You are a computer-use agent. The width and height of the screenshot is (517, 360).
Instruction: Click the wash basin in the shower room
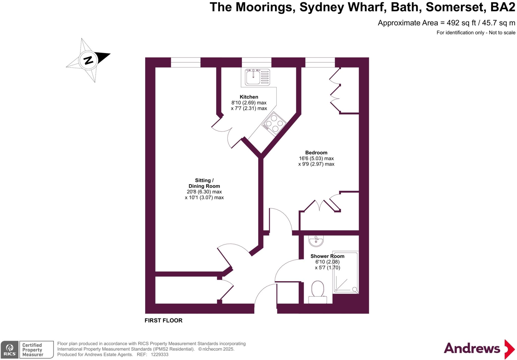[x=316, y=241]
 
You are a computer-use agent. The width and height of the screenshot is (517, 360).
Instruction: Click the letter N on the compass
[x=88, y=60]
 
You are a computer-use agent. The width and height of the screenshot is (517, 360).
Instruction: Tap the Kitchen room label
[x=249, y=97]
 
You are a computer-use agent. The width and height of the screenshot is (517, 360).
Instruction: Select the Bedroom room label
[x=316, y=153]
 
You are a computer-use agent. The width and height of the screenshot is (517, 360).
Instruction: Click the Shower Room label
[x=327, y=256]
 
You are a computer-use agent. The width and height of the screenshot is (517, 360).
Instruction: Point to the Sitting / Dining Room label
[x=204, y=183]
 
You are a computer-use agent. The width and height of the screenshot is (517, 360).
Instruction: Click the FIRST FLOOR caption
[x=163, y=320]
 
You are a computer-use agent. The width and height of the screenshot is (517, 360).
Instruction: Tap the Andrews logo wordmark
[x=472, y=349]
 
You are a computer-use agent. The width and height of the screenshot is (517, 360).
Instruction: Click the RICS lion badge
[x=10, y=349]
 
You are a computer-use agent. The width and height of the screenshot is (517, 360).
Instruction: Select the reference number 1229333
[x=159, y=354]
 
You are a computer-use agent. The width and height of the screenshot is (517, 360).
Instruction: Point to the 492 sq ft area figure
[x=461, y=23]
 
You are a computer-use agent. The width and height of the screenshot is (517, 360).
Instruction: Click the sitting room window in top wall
[x=186, y=62]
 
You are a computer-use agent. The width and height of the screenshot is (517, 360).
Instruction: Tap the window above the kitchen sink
[x=256, y=62]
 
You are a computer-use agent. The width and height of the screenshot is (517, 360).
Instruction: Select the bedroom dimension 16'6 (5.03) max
[x=316, y=158]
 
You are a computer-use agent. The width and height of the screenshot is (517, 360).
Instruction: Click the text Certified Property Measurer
[x=33, y=350]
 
